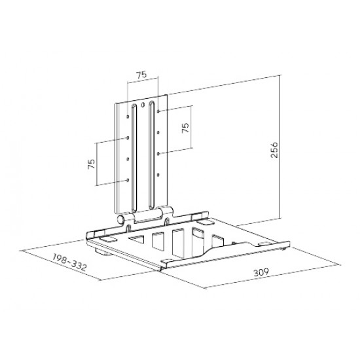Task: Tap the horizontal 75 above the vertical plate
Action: click(x=140, y=75)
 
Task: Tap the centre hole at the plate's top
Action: click(x=143, y=105)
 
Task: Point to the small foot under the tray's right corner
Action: click(x=283, y=248)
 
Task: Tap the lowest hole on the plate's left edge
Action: click(x=126, y=180)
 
